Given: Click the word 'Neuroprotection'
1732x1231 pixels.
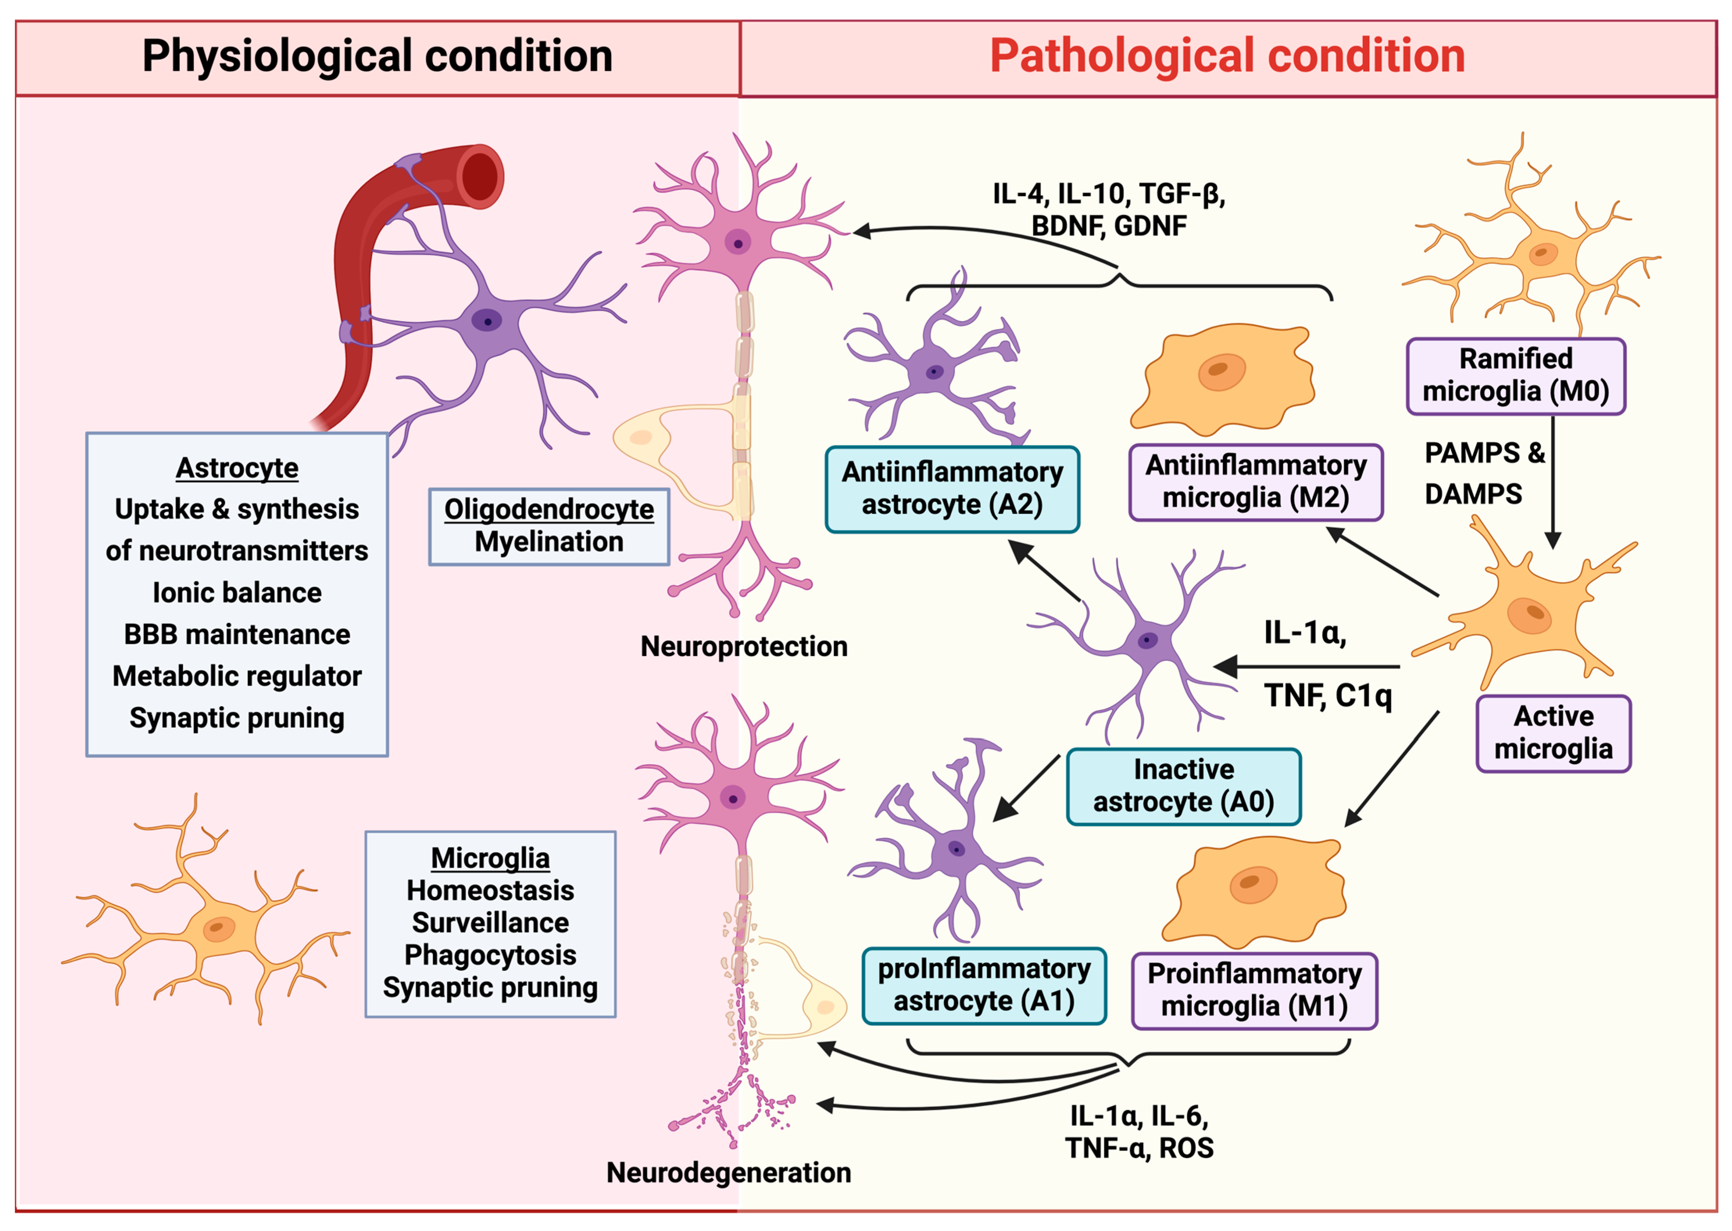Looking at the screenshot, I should (x=744, y=647).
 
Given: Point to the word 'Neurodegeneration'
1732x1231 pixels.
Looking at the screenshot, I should (x=729, y=1173).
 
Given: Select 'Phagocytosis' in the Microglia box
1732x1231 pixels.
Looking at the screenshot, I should (x=490, y=955).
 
